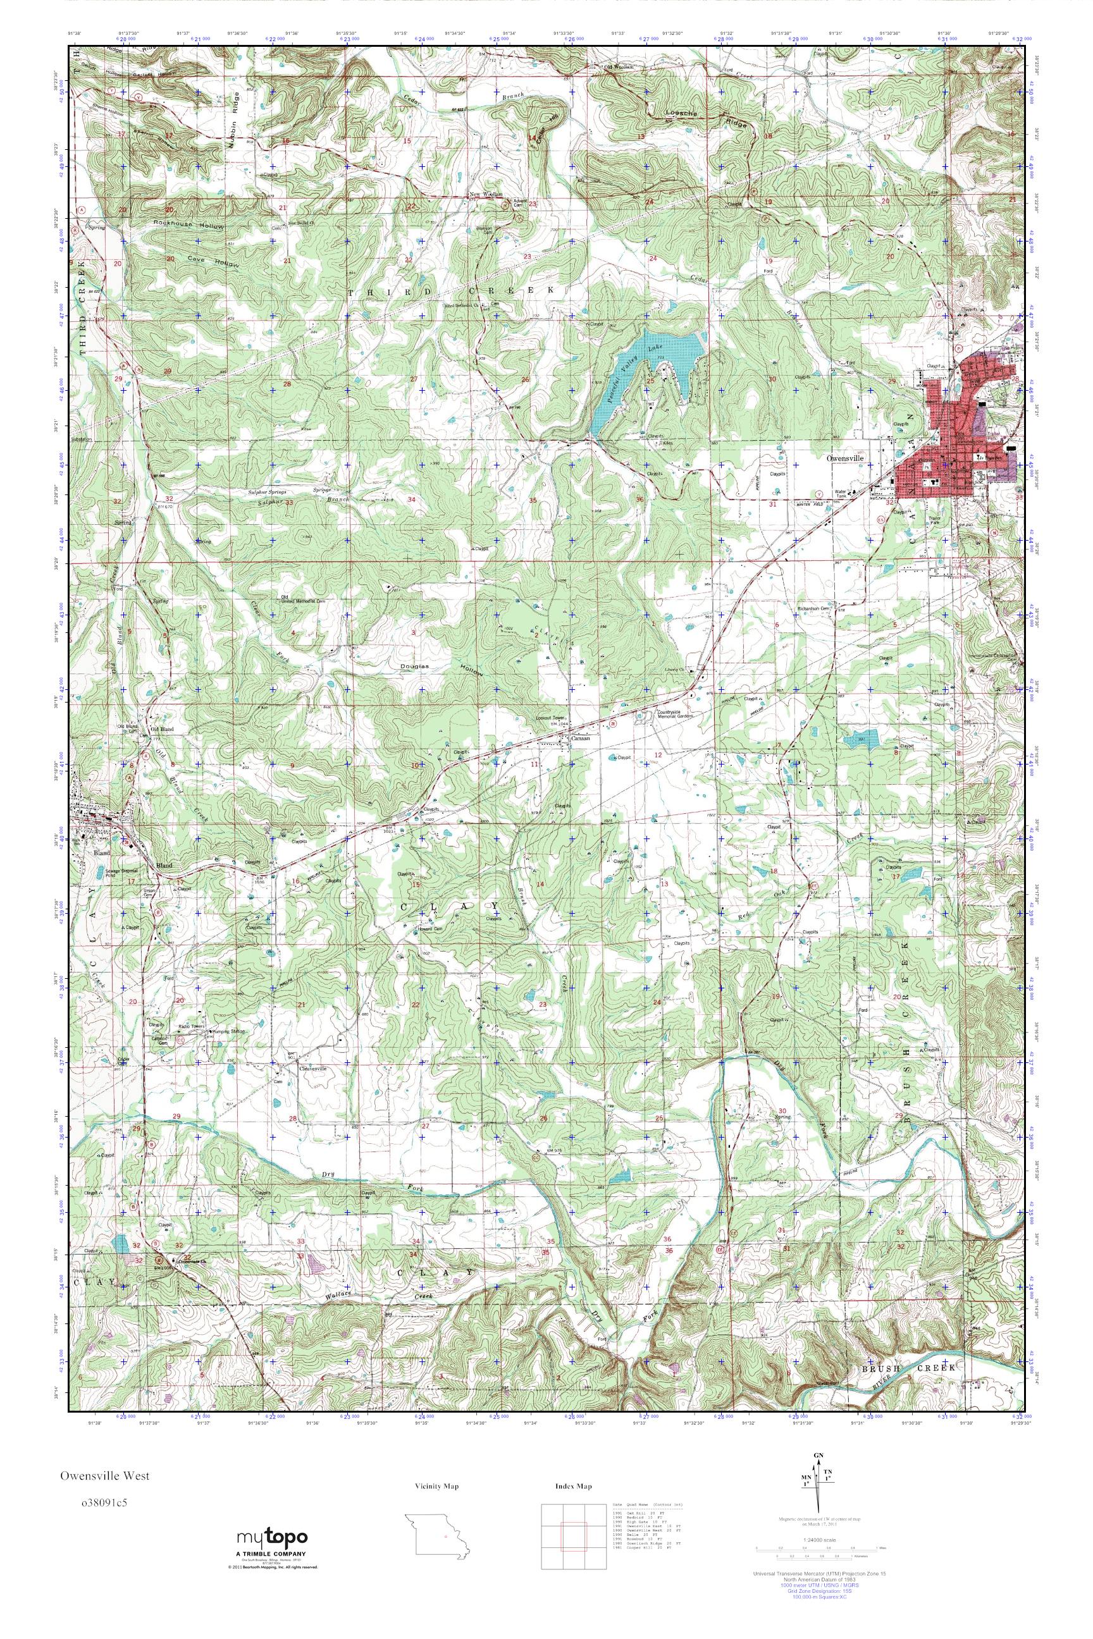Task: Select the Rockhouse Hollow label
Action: coord(189,226)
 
